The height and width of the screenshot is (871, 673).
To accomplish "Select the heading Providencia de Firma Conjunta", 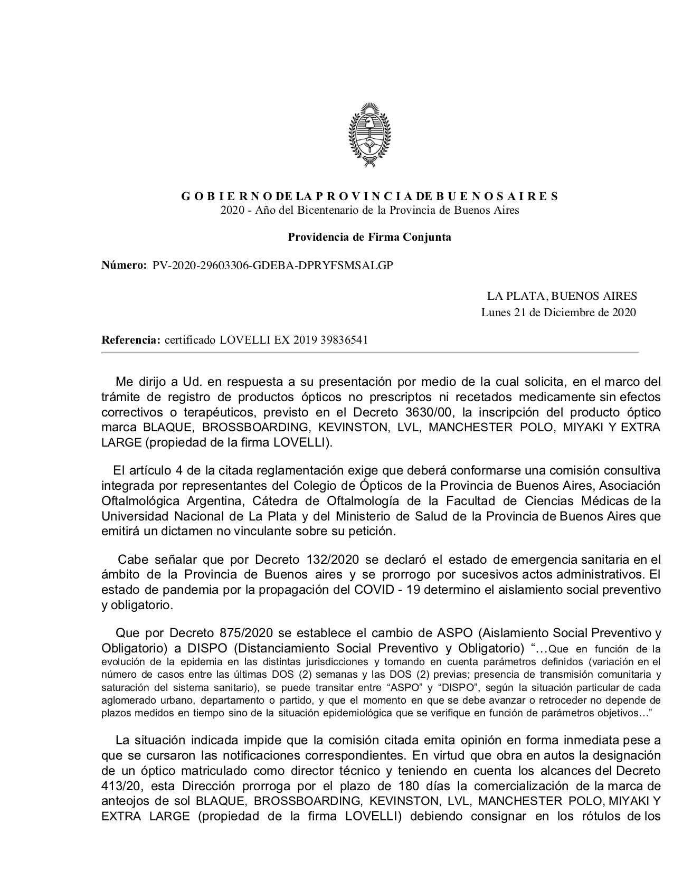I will click(x=369, y=237).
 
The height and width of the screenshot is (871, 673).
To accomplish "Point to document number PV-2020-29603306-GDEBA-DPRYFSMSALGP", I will click(x=273, y=266).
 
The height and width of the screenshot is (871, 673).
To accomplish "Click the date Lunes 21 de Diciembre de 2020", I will click(x=558, y=313).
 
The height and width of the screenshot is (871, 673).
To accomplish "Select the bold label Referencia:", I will click(x=131, y=340).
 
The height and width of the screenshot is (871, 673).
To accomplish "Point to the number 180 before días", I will click(x=409, y=785).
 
